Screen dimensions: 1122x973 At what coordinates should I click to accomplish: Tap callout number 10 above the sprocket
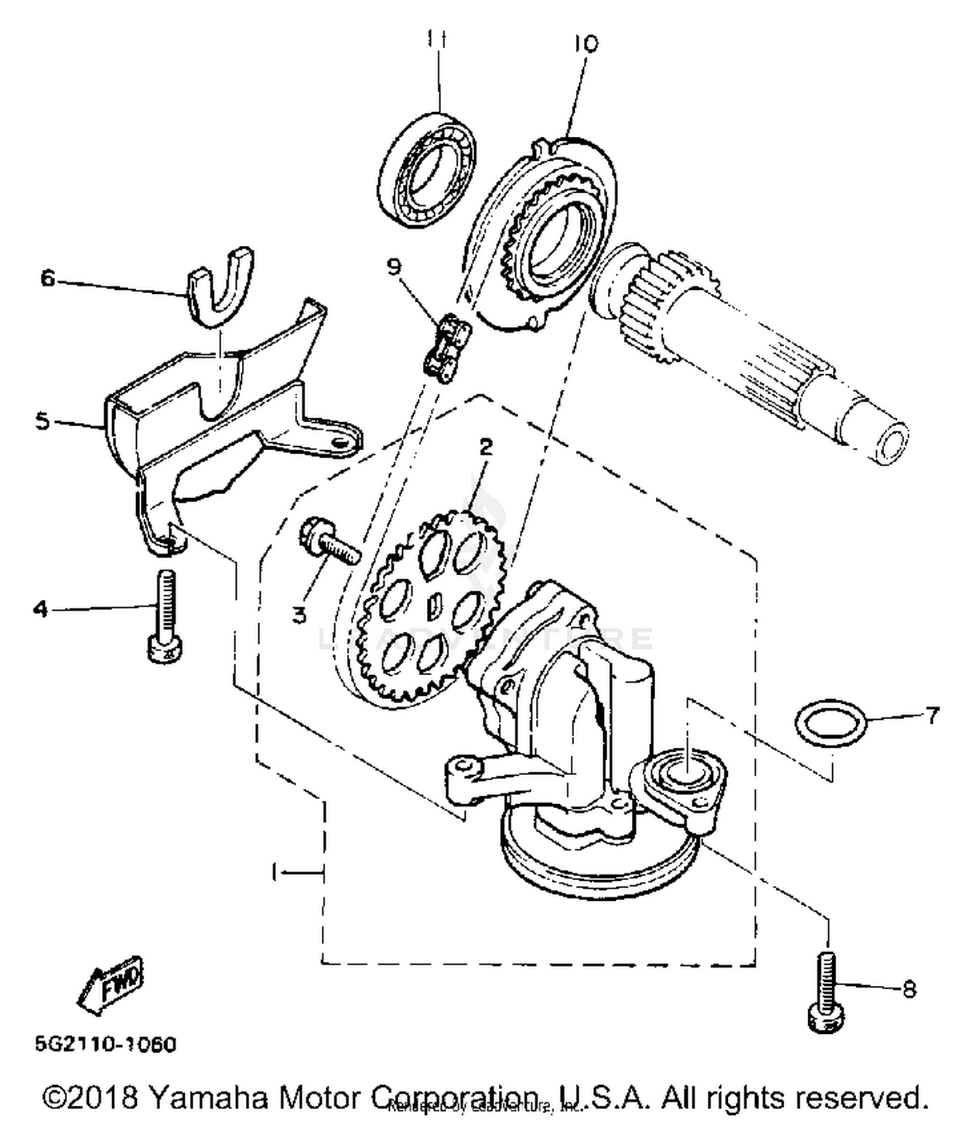[x=586, y=43]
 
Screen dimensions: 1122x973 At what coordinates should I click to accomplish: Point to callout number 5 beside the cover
[x=42, y=421]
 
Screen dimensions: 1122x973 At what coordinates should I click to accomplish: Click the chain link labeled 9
[x=447, y=348]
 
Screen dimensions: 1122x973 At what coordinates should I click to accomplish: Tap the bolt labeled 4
[x=165, y=616]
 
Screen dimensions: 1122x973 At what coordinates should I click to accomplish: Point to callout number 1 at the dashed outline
[x=275, y=873]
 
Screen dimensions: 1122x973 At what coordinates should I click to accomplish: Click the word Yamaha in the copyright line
[x=208, y=1097]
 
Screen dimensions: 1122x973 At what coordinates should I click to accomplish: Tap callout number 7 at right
[x=932, y=715]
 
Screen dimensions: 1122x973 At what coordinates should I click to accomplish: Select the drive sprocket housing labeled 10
[x=551, y=240]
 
